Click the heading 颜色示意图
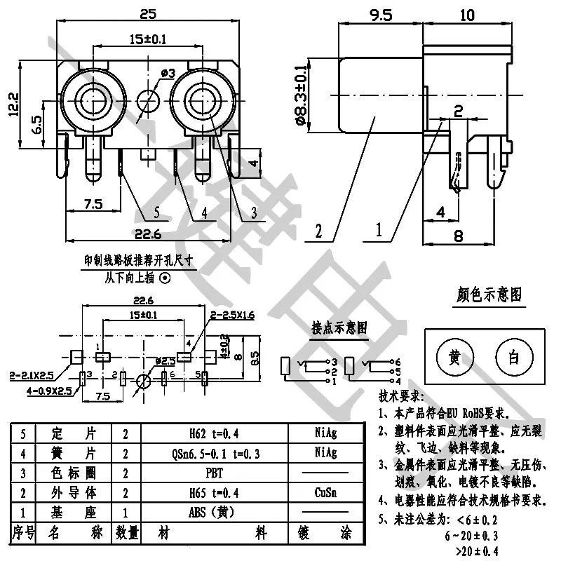pos(489,295)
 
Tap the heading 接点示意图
pos(339,327)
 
